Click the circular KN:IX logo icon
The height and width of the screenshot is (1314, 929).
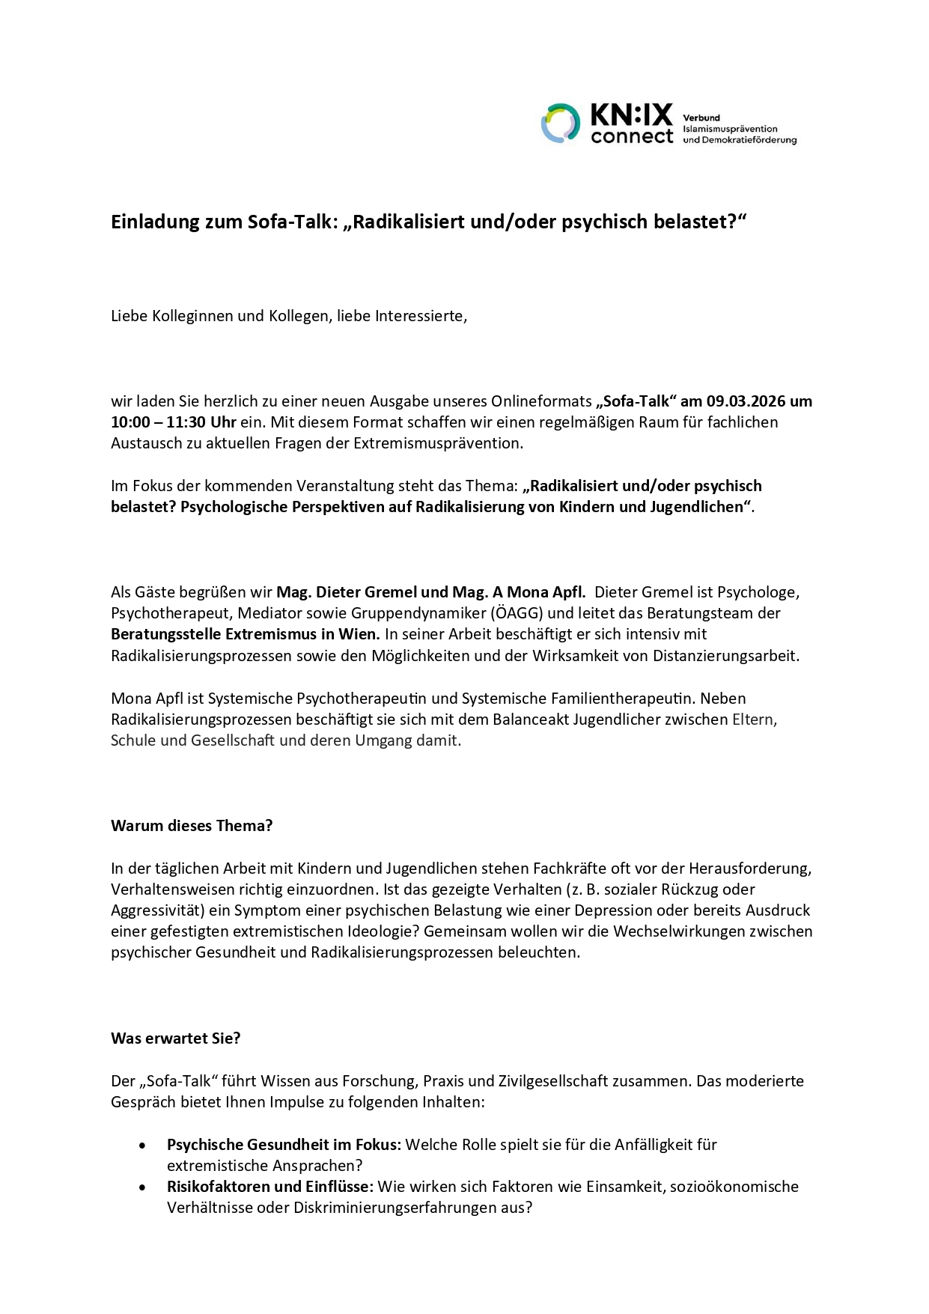[x=561, y=124]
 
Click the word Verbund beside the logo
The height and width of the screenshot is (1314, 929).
[x=701, y=118]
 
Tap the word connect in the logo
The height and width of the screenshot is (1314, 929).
[x=632, y=137]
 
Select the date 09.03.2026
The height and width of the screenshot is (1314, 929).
[x=746, y=401]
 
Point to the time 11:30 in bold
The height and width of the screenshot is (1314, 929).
[x=186, y=422]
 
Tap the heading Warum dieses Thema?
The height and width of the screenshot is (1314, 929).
[x=192, y=826]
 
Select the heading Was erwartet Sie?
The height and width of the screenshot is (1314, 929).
[x=176, y=1038]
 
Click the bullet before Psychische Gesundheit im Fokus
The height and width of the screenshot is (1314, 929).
[x=143, y=1146]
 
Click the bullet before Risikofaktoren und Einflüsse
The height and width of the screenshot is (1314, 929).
[x=143, y=1187]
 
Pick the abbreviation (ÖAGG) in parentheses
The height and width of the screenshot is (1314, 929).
[x=517, y=613]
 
